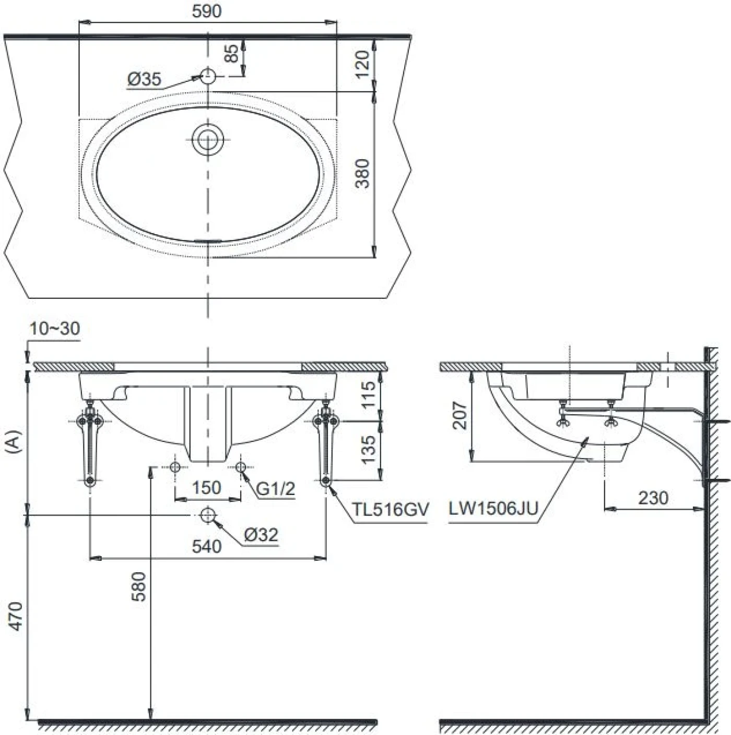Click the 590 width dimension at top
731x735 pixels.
point(207,11)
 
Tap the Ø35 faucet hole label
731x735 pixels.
point(144,79)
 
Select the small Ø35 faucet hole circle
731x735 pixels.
point(208,76)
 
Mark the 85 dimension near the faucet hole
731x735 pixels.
point(232,53)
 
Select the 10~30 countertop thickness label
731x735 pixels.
point(55,329)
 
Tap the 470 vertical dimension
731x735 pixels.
point(16,616)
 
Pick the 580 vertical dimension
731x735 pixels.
point(139,587)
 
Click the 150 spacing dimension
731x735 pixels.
point(206,488)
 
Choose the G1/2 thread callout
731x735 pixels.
point(276,489)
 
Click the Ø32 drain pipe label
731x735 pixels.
point(261,535)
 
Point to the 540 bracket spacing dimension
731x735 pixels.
point(207,546)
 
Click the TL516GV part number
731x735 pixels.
point(390,509)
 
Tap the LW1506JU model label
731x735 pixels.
point(493,509)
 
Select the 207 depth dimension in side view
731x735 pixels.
point(459,415)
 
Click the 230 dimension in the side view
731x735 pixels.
point(653,498)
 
